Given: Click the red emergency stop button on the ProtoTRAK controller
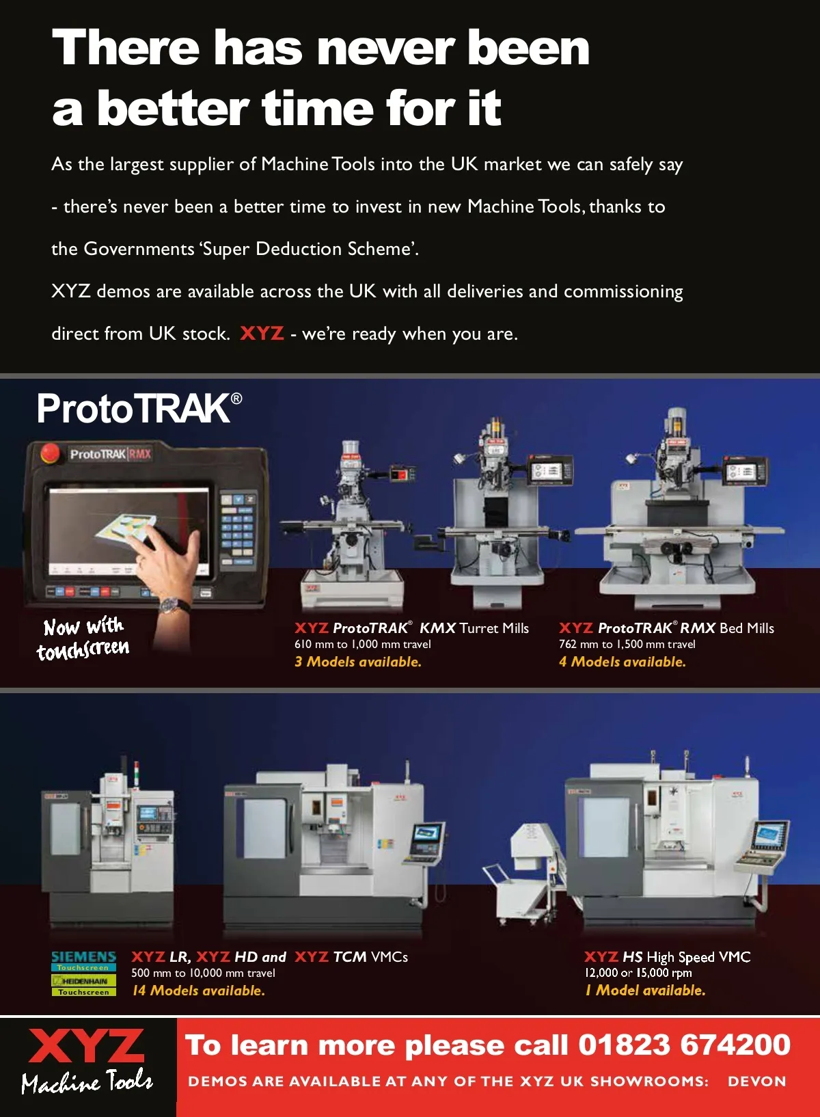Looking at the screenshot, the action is point(49,453).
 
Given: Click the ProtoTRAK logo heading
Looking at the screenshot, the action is point(139,408).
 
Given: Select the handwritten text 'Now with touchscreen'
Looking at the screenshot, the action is point(84,638).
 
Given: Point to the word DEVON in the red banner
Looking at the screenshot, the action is point(756,1081).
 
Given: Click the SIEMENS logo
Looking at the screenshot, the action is point(84,957).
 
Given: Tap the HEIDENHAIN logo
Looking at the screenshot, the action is point(84,980).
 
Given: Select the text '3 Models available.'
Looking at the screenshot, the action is point(358,662).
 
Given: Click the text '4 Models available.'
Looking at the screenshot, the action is point(623,662).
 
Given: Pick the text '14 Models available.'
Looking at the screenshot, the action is point(198,991).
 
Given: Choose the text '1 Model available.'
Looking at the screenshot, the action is point(645,991).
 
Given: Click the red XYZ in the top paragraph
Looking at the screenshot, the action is point(262,333).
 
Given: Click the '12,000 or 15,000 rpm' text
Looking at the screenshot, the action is point(638,972).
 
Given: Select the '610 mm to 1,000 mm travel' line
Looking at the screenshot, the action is point(362,644).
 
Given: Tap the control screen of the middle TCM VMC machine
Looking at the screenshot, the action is point(426,834).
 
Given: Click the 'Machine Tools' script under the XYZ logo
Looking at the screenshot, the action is point(87,1081).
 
